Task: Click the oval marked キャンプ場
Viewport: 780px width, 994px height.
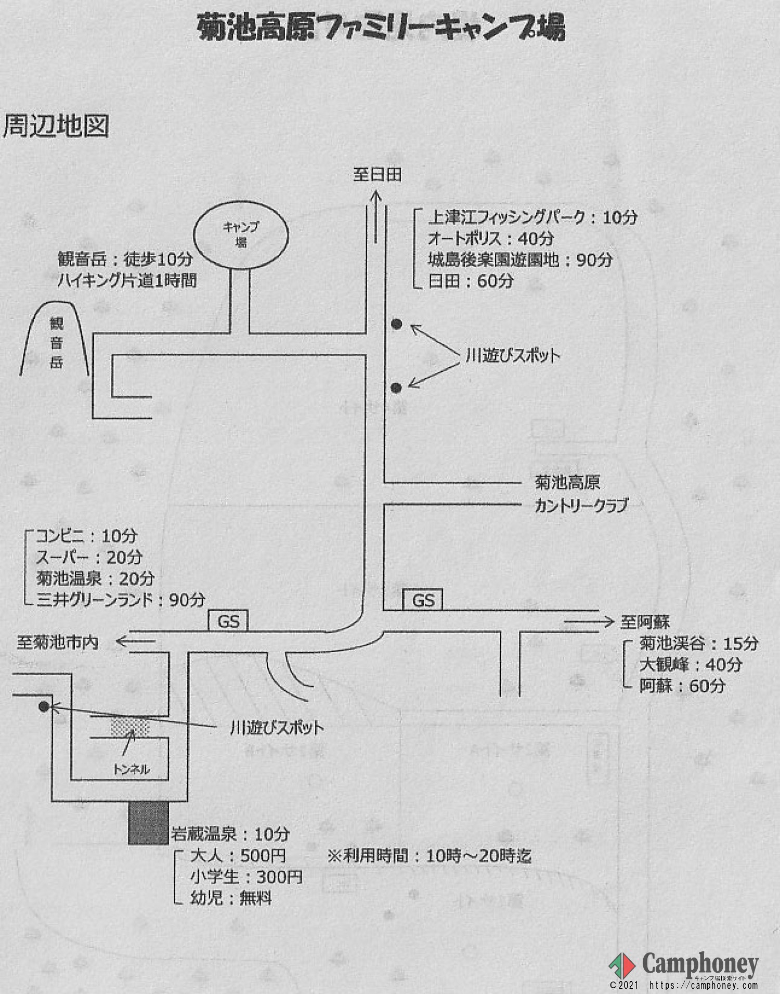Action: [241, 235]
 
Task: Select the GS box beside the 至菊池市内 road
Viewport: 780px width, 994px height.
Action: [228, 621]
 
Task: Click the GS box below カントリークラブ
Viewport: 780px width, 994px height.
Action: [423, 600]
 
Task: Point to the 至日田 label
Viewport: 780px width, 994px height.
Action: [377, 174]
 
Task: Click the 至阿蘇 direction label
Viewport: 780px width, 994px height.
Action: [645, 622]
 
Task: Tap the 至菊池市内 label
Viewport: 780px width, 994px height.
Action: [58, 642]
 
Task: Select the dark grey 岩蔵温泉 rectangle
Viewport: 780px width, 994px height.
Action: [148, 822]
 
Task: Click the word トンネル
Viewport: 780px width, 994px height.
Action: [132, 769]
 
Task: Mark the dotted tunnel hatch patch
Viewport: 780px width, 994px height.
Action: [130, 727]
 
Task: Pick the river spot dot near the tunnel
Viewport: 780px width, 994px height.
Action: [44, 706]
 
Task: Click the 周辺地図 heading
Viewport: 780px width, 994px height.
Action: [56, 126]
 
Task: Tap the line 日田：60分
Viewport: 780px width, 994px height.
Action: [471, 281]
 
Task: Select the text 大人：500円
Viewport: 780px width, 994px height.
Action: [238, 856]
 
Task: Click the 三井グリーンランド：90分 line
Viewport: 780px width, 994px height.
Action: [121, 600]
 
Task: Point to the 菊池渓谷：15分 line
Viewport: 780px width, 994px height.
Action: [698, 643]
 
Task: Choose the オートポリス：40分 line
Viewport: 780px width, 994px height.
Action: [490, 239]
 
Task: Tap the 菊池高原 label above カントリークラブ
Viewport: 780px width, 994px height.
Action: [567, 482]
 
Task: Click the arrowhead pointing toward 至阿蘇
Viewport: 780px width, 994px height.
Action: [608, 622]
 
